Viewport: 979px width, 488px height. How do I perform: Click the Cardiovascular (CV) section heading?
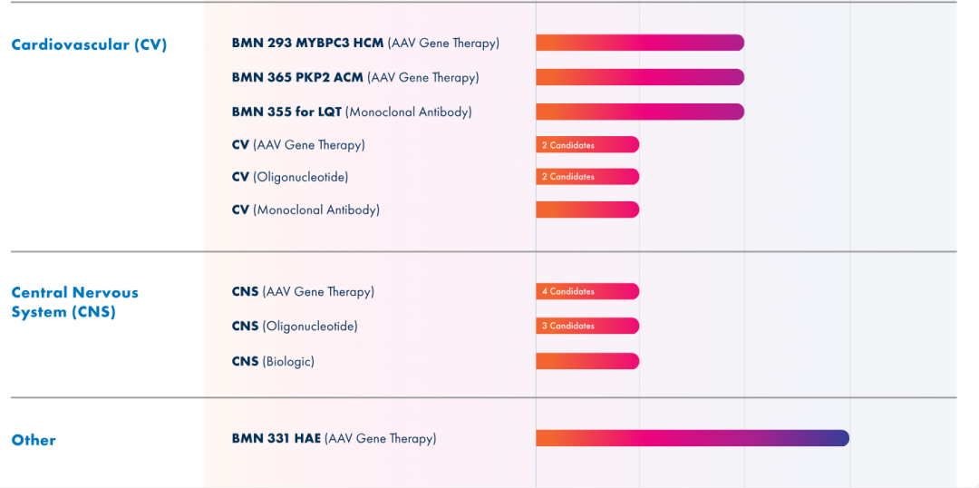click(x=89, y=44)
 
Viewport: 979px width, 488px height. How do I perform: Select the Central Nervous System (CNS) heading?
click(x=74, y=302)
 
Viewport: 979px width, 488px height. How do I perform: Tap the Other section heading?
click(x=34, y=440)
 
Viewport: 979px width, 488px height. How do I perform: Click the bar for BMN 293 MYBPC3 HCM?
click(x=639, y=43)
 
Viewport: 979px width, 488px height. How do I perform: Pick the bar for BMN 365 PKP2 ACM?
click(x=639, y=77)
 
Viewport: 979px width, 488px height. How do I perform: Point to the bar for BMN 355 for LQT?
click(x=639, y=112)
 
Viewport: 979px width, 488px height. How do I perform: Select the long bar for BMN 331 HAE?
click(x=692, y=438)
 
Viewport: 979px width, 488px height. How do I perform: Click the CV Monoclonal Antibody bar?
click(x=587, y=210)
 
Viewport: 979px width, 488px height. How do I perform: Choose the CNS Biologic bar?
click(x=587, y=361)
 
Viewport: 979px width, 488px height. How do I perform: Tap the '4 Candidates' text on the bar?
click(x=568, y=291)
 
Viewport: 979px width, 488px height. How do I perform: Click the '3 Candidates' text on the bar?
click(x=568, y=326)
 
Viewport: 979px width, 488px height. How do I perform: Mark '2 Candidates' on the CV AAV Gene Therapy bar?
click(x=568, y=145)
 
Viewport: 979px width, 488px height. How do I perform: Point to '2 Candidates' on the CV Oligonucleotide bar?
click(x=568, y=177)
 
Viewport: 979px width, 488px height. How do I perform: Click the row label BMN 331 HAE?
click(x=276, y=438)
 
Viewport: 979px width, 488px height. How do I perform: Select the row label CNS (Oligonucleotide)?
click(x=295, y=326)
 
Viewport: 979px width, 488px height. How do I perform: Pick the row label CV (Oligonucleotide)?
click(x=290, y=177)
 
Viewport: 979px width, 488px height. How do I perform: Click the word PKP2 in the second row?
click(x=314, y=77)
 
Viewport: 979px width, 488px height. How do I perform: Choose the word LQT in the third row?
click(x=330, y=112)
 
